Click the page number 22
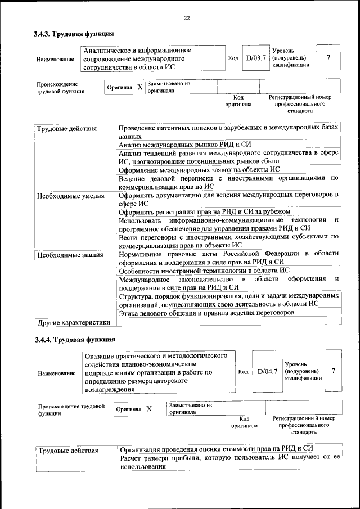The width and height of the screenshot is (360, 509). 186,19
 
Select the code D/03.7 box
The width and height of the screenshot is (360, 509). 255,58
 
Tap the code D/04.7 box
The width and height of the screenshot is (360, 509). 268,371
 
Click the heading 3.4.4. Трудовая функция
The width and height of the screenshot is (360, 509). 74,339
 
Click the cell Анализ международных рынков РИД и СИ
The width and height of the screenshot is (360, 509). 185,145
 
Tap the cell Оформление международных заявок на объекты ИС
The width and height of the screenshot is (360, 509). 199,169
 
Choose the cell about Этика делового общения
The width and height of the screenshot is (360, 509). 206,313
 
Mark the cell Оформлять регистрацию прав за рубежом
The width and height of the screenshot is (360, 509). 205,211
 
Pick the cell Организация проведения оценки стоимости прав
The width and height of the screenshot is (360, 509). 215,448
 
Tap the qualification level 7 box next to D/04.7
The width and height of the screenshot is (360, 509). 334,371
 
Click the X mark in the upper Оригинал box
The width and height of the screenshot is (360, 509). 139,88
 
